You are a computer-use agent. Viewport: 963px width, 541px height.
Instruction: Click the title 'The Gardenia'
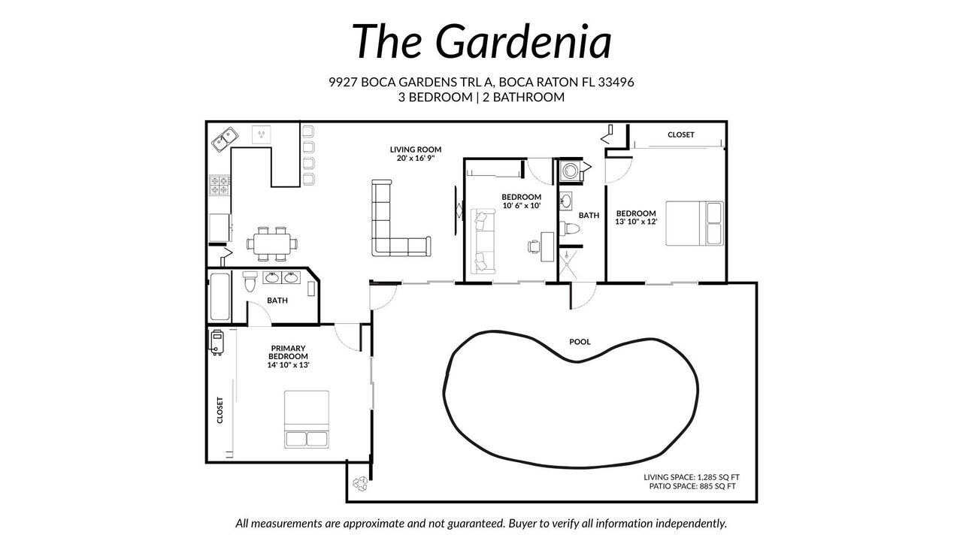[x=481, y=41]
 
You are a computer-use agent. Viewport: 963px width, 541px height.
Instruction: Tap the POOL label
[x=580, y=342]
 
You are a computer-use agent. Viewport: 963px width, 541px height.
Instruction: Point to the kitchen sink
[x=224, y=139]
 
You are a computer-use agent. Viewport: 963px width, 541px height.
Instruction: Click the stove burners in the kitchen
[x=219, y=185]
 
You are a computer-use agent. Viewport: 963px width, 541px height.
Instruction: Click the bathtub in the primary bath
[x=219, y=297]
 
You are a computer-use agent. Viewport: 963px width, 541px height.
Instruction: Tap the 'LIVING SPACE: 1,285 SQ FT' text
[x=689, y=477]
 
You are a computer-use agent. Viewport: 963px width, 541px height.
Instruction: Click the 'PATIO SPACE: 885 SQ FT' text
[x=692, y=487]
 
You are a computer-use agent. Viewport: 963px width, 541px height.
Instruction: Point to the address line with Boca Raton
[x=481, y=82]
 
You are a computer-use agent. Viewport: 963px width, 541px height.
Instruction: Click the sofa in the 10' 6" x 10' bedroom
[x=481, y=242]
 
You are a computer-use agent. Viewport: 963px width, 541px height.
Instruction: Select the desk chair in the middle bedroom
[x=533, y=246]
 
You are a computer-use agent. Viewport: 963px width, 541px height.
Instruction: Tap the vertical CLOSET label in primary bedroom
[x=220, y=411]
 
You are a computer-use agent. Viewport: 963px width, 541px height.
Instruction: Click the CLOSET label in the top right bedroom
[x=680, y=135]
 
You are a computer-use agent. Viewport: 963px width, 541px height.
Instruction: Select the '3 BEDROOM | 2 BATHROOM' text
[x=481, y=97]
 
